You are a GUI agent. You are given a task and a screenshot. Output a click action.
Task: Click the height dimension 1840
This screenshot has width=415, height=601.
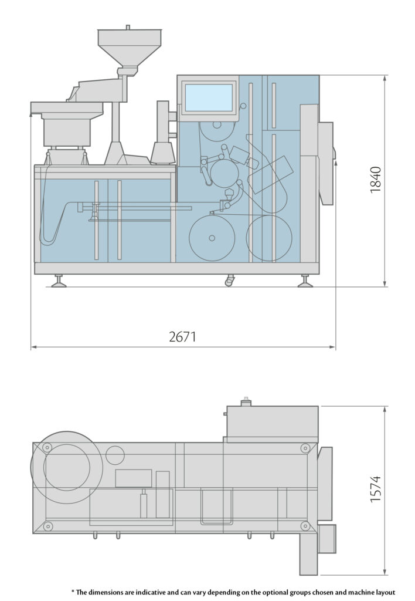(376, 180)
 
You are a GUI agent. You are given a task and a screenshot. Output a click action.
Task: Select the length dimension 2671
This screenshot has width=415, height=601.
(182, 337)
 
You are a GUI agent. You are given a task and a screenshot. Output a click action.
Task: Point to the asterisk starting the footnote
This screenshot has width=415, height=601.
(72, 591)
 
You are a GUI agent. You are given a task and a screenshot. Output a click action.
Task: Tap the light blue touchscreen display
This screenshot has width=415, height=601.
(208, 97)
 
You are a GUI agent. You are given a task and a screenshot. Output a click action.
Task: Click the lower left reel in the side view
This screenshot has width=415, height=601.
(212, 238)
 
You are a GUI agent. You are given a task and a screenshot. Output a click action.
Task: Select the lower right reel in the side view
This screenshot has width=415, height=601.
(269, 238)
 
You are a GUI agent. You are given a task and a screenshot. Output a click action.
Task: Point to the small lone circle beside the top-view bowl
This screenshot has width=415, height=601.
(115, 455)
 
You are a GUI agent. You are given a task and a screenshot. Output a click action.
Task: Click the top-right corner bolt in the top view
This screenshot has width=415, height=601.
(304, 448)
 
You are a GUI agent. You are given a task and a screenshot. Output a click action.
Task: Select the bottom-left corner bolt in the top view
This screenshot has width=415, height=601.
(48, 525)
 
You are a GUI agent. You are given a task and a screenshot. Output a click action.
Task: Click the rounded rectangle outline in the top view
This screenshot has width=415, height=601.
(216, 507)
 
